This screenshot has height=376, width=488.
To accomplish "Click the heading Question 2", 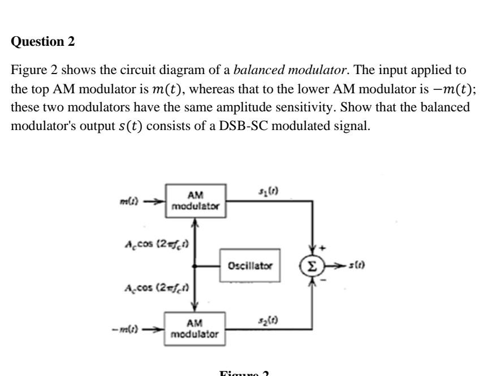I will click(43, 42).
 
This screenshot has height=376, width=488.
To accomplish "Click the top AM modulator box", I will click(196, 201).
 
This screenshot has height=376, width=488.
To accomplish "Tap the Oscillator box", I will click(250, 265).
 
